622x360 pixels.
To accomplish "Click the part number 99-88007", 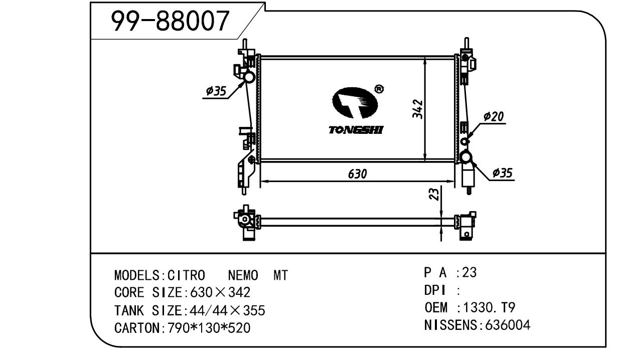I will pyautogui.click(x=170, y=21).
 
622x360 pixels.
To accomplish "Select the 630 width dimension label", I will pyautogui.click(x=358, y=174).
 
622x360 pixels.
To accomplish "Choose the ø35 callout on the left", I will pyautogui.click(x=216, y=91).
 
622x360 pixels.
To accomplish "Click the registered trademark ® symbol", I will pyautogui.click(x=380, y=89).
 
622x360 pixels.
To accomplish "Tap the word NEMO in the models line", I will pyautogui.click(x=243, y=275).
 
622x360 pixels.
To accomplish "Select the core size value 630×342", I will pyautogui.click(x=219, y=292).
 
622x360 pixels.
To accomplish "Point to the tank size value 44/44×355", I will pyautogui.click(x=226, y=311).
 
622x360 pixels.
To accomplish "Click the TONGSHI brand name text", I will pyautogui.click(x=356, y=130).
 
